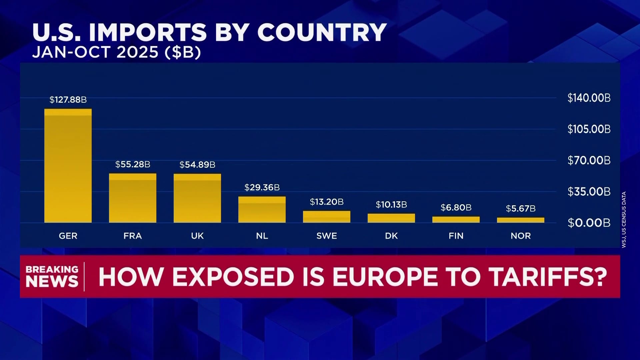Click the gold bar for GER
(68, 166)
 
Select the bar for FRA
(133, 198)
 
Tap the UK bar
(197, 198)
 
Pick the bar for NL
(262, 210)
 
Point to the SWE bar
(327, 217)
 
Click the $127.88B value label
(68, 100)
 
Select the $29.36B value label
(262, 187)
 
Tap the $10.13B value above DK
(391, 205)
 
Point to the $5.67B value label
(521, 209)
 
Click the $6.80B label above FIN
(456, 208)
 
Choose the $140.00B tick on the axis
(589, 98)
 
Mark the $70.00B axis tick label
(589, 160)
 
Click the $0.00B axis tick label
(589, 223)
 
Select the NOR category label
(521, 236)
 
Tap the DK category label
(391, 236)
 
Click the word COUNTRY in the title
(322, 32)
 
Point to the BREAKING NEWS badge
(52, 276)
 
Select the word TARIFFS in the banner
(548, 277)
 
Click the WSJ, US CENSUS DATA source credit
(624, 219)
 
